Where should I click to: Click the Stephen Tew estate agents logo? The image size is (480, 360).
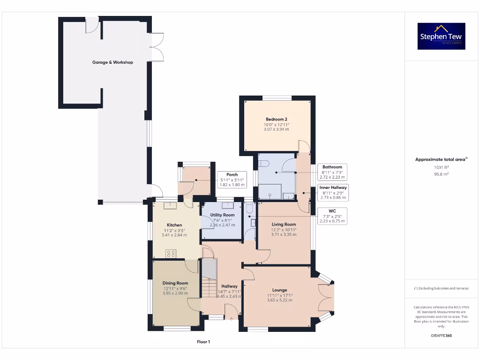[x=441, y=36]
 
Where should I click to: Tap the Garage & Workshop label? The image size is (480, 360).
[x=112, y=62]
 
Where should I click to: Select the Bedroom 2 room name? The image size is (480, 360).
[x=276, y=119]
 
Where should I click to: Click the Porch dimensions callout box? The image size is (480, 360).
[x=232, y=180]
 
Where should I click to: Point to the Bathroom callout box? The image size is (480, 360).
[x=332, y=172]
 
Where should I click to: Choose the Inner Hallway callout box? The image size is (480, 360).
[x=333, y=192]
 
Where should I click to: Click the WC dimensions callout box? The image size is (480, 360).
[x=332, y=216]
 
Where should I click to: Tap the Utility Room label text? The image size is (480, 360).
[x=222, y=215]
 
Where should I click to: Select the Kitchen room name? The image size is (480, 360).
[x=174, y=225]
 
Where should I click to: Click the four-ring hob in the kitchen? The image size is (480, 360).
[x=171, y=254]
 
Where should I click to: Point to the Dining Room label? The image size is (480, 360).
[x=175, y=283]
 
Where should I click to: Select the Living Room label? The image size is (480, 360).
[x=284, y=225]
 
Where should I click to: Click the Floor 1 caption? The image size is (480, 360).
[x=203, y=342]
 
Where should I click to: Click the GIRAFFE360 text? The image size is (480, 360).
[x=441, y=336]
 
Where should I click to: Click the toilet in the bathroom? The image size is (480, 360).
[x=263, y=164]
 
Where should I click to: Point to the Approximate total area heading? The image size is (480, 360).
[x=441, y=159]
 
